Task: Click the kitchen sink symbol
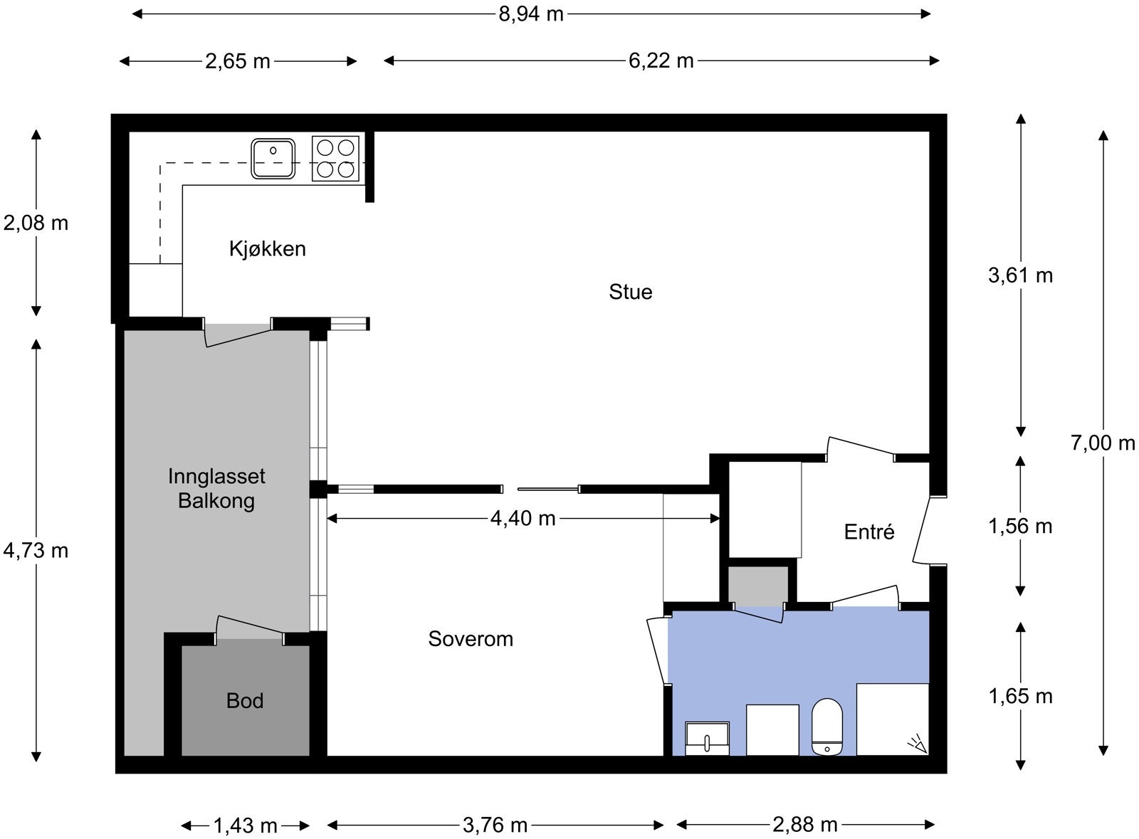click(x=273, y=158)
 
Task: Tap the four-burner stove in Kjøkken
click(x=335, y=158)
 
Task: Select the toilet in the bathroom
click(x=827, y=727)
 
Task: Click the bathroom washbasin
click(x=707, y=738)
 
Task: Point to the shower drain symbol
click(x=917, y=744)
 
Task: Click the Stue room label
click(x=630, y=292)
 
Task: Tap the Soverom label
click(x=470, y=639)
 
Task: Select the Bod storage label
click(x=245, y=701)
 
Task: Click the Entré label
click(x=868, y=532)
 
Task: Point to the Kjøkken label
click(x=267, y=249)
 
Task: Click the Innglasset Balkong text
click(x=216, y=488)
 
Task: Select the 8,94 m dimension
click(x=530, y=14)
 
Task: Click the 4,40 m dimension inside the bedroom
click(x=523, y=518)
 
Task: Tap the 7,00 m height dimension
click(x=1102, y=443)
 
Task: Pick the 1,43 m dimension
click(x=245, y=825)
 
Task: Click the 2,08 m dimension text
click(x=36, y=223)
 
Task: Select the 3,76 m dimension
click(x=495, y=825)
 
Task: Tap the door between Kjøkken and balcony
click(x=238, y=334)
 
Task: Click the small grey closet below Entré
click(x=757, y=586)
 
